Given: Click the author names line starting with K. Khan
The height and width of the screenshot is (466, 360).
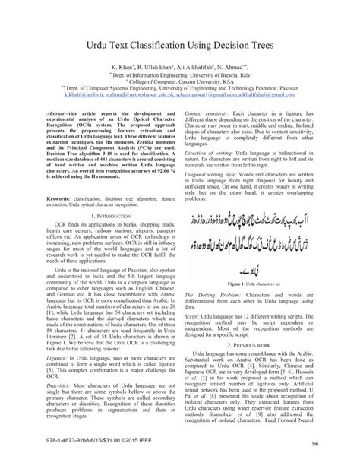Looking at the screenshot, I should click(179, 68).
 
